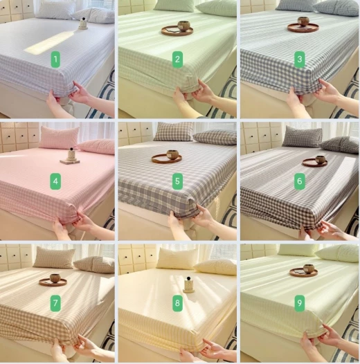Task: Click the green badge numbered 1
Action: pos(55,60)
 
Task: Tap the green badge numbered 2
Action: pos(177,60)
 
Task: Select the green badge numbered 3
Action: pos(300,60)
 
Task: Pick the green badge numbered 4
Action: pos(55,181)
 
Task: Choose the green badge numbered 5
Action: pos(177,181)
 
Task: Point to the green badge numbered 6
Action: pos(300,181)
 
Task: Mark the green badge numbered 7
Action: pos(55,303)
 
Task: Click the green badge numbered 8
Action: pos(177,303)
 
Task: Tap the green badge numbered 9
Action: pos(300,303)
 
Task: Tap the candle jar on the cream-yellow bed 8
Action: pos(188,284)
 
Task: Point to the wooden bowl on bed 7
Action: pos(55,278)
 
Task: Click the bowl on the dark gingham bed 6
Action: pos(321,159)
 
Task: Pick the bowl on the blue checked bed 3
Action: pos(303,21)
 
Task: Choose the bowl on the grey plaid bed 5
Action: pos(172,154)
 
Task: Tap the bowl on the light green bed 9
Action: pos(309,269)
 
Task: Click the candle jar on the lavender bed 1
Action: pos(83,24)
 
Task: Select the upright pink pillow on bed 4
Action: pos(60,138)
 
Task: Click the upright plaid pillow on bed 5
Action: pos(174,131)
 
